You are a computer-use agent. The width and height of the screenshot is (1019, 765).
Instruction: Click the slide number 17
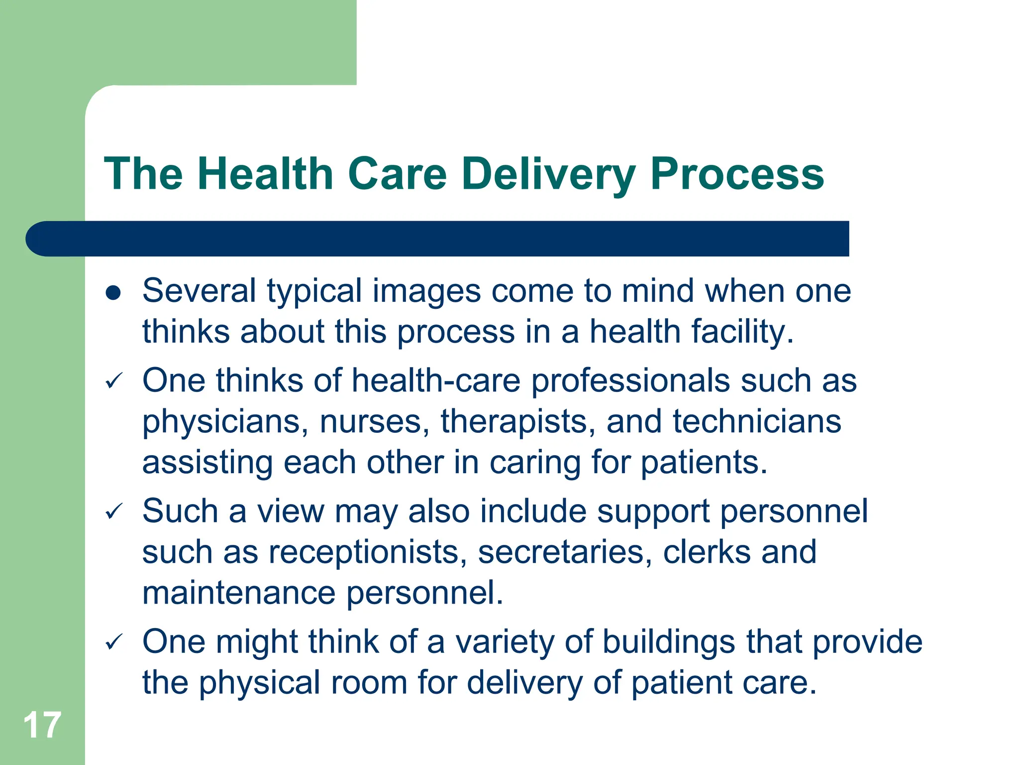(42, 725)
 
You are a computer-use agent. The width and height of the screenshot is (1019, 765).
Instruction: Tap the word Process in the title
(737, 174)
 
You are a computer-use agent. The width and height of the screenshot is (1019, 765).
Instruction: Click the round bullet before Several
(113, 293)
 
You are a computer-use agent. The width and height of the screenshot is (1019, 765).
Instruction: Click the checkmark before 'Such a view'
(114, 511)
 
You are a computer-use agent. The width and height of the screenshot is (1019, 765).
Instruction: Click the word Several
(199, 291)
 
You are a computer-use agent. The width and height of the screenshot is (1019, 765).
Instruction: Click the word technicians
(757, 421)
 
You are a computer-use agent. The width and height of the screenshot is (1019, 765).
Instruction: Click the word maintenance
(239, 593)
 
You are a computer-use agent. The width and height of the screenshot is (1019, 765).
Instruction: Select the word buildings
(669, 642)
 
